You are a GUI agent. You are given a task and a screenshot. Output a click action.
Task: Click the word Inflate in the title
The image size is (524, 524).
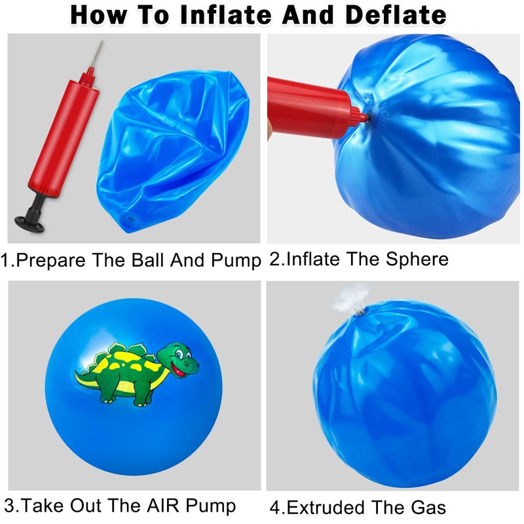pyautogui.click(x=225, y=15)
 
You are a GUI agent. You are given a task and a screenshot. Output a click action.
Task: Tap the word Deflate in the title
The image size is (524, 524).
pyautogui.click(x=396, y=15)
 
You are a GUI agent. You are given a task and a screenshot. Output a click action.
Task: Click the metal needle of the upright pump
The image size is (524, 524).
pyautogui.click(x=98, y=54)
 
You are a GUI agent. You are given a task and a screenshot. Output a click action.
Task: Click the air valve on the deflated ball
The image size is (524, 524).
pyautogui.click(x=130, y=220)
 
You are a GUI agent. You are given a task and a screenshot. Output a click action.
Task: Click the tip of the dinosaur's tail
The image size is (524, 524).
pyautogui.click(x=77, y=372)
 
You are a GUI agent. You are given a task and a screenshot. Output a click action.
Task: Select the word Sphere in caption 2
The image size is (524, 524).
pyautogui.click(x=417, y=259)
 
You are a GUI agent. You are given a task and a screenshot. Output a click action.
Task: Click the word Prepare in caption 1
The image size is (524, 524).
pyautogui.click(x=51, y=260)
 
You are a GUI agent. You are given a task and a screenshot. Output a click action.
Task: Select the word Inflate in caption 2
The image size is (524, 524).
pyautogui.click(x=313, y=259)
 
